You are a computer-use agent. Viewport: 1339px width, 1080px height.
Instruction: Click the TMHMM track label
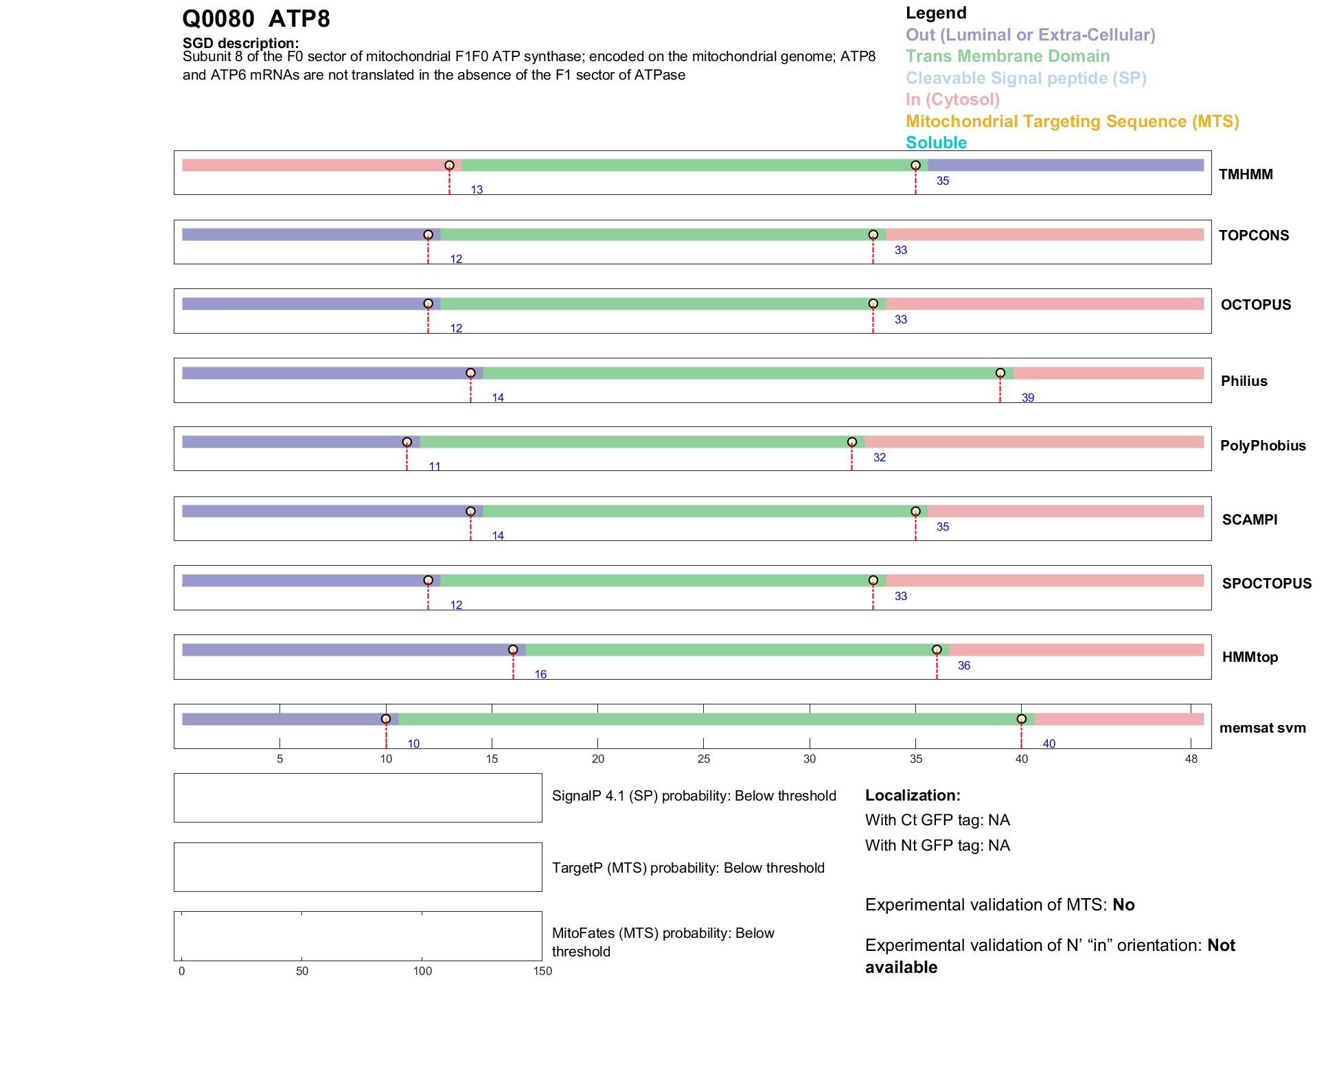(x=1245, y=174)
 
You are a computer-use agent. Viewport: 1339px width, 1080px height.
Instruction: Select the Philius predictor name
(x=1244, y=381)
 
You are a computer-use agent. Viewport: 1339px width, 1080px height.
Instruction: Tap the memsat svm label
(x=1262, y=728)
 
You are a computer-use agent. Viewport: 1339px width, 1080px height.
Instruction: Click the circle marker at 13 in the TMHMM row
(x=449, y=165)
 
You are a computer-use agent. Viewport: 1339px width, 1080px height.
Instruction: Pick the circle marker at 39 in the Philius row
(x=1000, y=373)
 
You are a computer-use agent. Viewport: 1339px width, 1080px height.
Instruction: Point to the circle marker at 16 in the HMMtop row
(x=513, y=650)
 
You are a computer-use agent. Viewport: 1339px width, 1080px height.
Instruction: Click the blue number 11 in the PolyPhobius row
(x=435, y=467)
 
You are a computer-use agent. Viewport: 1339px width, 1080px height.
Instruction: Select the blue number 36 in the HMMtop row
(x=963, y=665)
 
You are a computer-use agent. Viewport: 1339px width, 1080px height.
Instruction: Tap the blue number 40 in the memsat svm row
(x=1049, y=744)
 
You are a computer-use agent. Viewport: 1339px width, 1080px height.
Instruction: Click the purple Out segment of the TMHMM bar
(x=1065, y=165)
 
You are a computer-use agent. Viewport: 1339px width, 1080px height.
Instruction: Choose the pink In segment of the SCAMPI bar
(x=1065, y=512)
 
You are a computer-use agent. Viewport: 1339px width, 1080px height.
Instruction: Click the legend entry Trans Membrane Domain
(x=1007, y=56)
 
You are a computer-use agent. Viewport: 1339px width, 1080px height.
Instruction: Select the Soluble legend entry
(x=936, y=143)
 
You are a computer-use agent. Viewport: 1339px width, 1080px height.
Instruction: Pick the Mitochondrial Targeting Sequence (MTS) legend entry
(x=1072, y=122)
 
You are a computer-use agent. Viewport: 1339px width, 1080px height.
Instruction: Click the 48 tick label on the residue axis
(x=1191, y=759)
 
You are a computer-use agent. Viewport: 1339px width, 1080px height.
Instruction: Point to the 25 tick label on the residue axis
(x=703, y=759)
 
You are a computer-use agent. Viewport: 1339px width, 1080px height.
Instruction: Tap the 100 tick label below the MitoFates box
(x=422, y=971)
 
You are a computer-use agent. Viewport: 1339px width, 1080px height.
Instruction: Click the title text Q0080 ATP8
(x=256, y=19)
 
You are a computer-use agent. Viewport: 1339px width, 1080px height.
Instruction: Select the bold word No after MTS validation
(x=1123, y=905)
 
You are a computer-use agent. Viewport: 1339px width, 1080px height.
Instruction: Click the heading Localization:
(x=913, y=796)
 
